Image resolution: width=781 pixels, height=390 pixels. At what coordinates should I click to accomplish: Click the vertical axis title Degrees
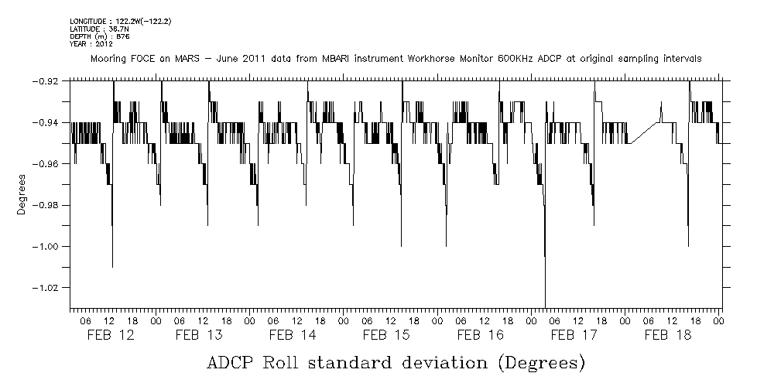[22, 194]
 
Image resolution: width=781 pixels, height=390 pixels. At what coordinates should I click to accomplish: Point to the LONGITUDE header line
[120, 21]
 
